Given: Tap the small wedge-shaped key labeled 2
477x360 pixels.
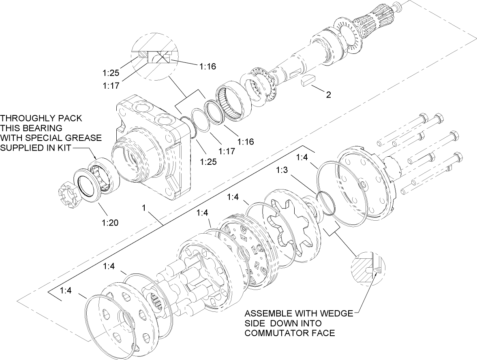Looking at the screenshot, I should (x=307, y=80).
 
